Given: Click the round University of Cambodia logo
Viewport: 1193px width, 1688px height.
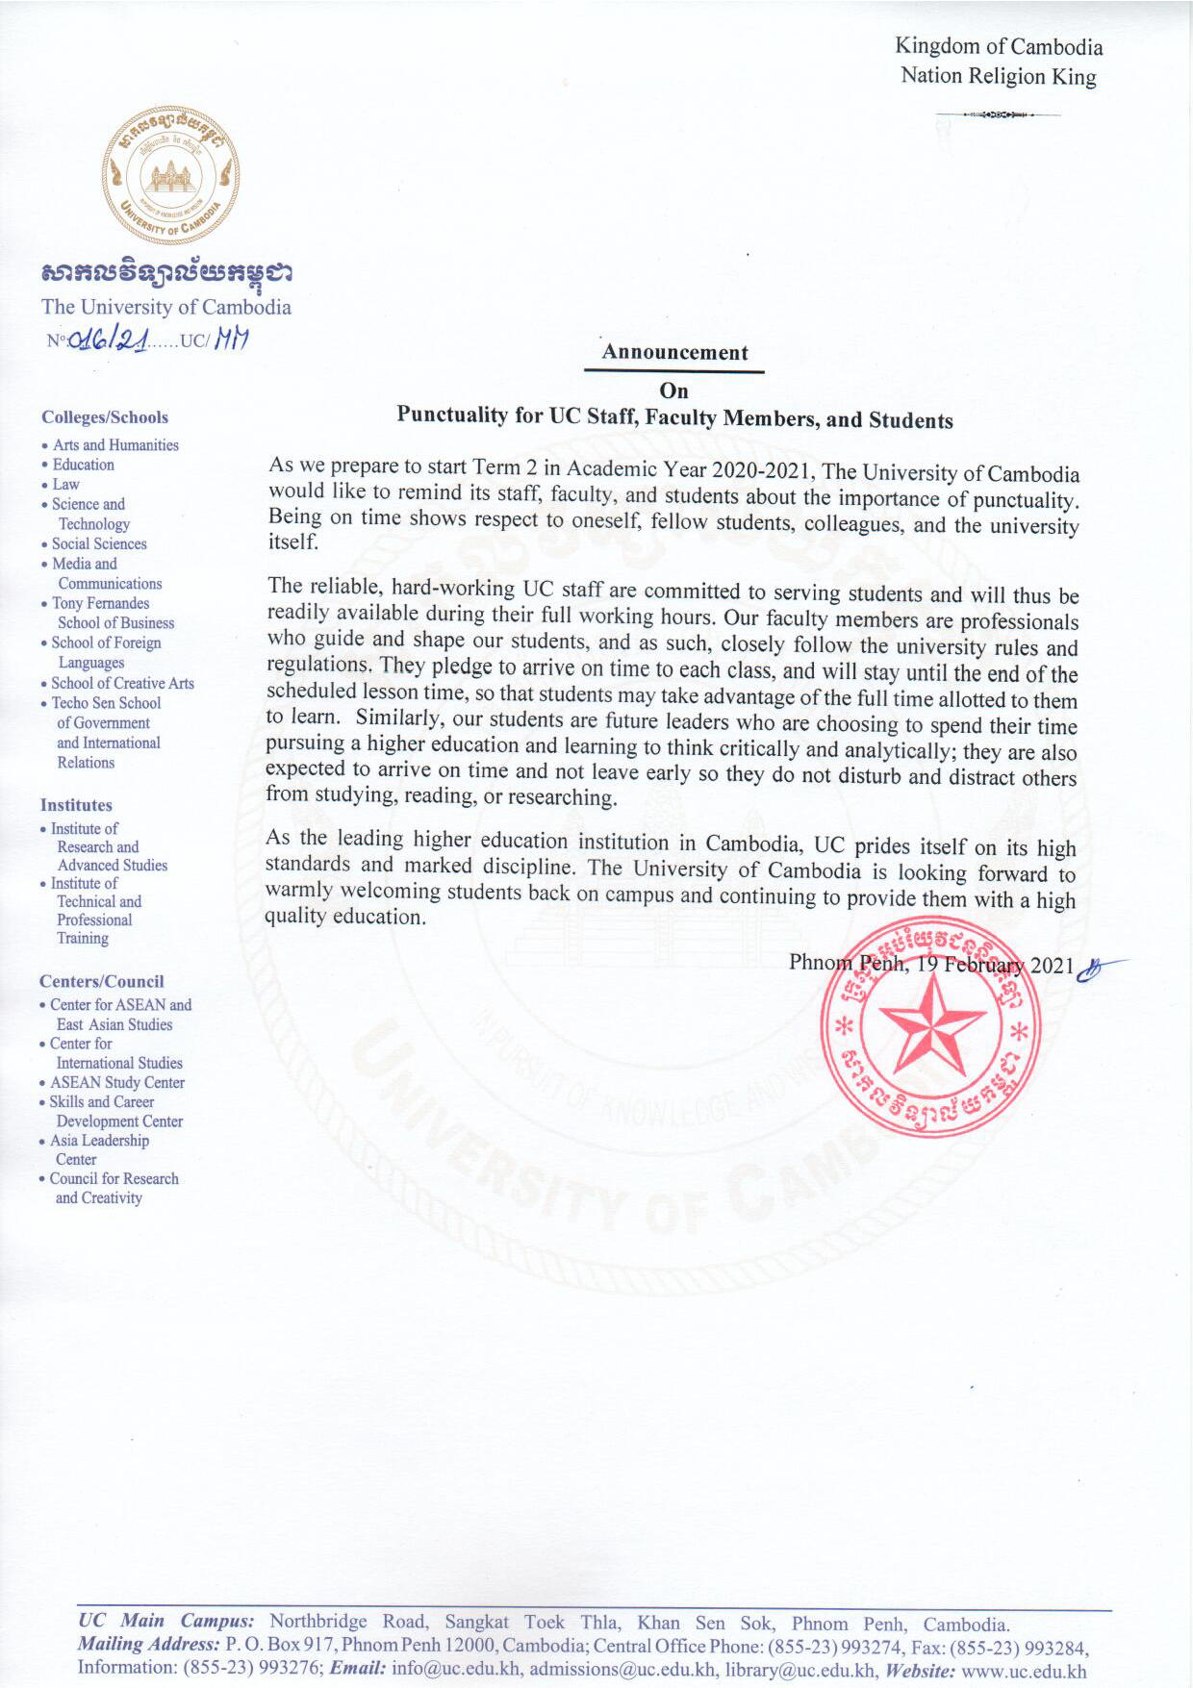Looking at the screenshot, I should (170, 176).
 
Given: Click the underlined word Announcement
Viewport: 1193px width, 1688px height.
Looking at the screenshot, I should (674, 352).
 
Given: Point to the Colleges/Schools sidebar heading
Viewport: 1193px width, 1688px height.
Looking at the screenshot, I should (105, 417).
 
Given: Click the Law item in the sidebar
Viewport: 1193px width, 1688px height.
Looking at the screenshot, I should (66, 485).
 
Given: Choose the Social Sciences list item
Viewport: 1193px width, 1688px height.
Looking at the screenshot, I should (99, 543).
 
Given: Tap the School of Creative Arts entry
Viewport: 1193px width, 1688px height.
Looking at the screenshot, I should (122, 683).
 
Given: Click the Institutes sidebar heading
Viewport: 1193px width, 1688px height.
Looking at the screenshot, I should (76, 805).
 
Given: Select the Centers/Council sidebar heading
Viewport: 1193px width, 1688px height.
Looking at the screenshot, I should (102, 981).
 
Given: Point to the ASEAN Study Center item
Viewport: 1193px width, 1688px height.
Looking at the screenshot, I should (117, 1082).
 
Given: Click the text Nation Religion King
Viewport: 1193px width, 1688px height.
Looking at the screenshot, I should (998, 76).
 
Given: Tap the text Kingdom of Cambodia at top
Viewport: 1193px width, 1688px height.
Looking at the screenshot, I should (999, 46).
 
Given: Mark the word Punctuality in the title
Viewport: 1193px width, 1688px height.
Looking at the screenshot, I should (452, 416).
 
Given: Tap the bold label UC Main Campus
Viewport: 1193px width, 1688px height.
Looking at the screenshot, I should (165, 1621).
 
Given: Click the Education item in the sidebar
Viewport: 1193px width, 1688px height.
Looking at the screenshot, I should (83, 465).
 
